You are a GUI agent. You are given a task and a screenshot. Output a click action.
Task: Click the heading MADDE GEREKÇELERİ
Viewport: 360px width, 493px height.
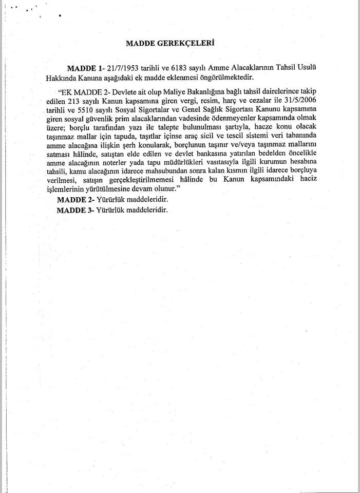point(169,43)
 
